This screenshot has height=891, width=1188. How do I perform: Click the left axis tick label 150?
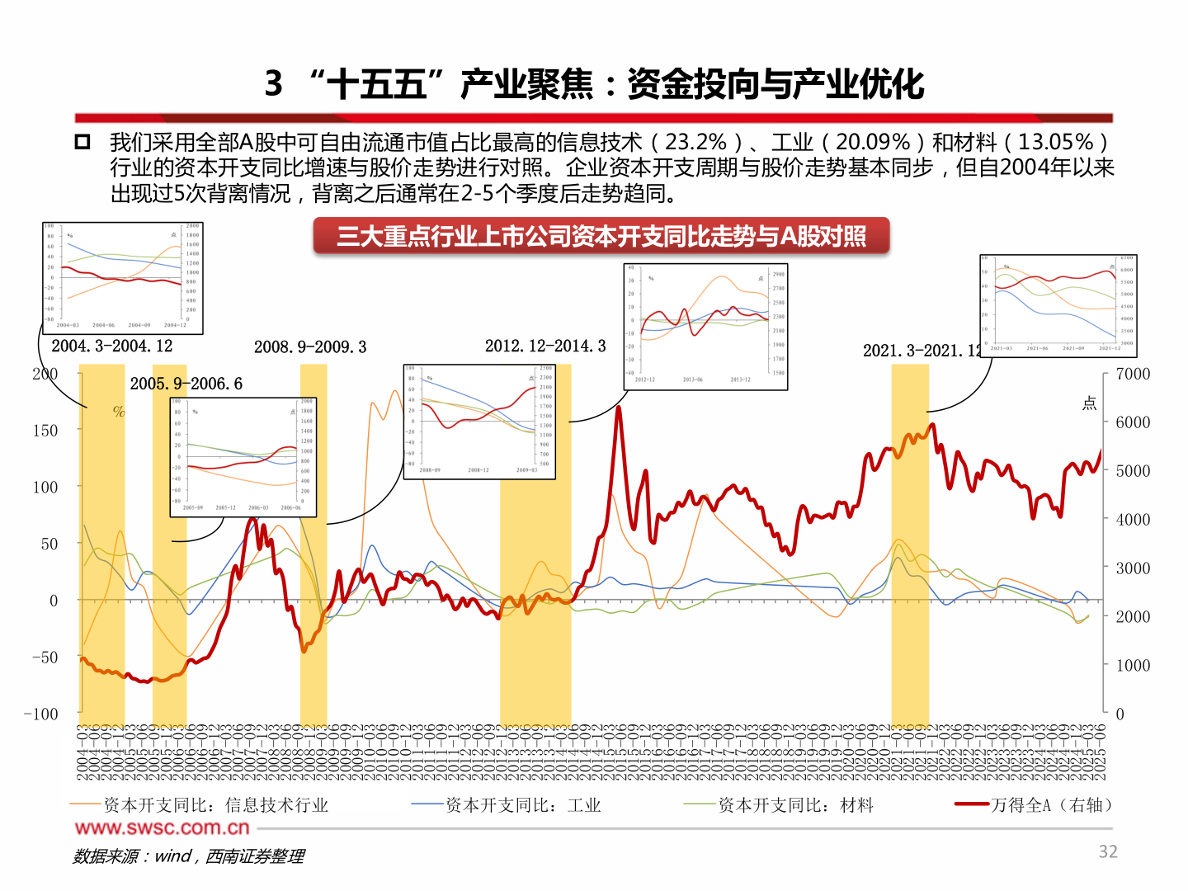[45, 431]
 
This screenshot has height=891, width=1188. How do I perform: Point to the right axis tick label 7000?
[1133, 375]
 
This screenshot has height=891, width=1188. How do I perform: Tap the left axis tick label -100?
[41, 714]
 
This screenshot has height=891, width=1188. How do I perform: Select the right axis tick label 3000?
[1133, 568]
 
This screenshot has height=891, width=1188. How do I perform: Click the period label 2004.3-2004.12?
[112, 346]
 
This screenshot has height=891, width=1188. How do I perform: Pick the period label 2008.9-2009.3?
[310, 347]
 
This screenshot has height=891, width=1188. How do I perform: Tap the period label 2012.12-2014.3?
[545, 346]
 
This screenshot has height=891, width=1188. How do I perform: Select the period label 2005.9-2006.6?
[186, 384]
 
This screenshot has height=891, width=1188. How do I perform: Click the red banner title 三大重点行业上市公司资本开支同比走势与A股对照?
[601, 237]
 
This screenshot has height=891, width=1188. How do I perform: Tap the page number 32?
[1108, 852]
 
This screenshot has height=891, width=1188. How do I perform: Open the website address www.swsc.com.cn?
[162, 827]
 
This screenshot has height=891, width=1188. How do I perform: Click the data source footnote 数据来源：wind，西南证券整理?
[189, 856]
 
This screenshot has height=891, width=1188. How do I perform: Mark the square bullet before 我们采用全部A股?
[82, 142]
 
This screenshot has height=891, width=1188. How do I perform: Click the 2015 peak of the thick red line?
[618, 408]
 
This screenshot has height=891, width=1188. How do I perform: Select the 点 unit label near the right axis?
[1089, 403]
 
